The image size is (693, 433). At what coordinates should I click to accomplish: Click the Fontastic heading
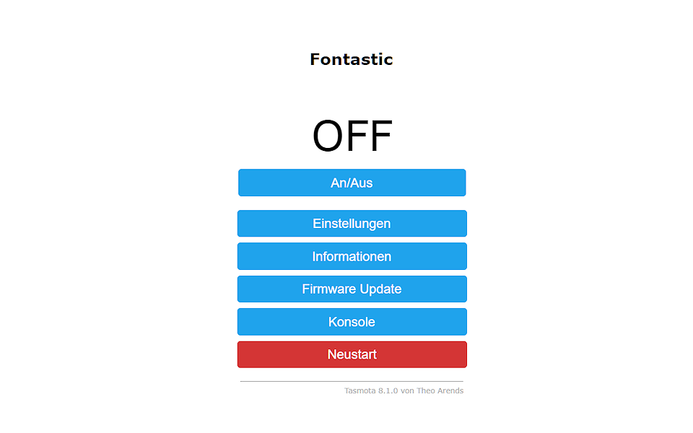coord(352,60)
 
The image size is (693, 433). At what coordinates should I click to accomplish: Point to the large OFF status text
coord(352,136)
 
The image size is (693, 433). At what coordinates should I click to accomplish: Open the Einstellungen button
coord(352,224)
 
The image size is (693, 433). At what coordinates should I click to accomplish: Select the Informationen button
coord(352,256)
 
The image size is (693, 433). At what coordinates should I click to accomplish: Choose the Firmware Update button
coord(352,289)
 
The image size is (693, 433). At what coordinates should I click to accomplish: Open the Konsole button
coord(352,322)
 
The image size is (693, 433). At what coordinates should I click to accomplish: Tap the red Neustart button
coord(352,354)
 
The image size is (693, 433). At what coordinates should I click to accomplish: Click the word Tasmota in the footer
coord(360,390)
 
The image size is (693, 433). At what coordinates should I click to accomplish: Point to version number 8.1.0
coord(388,390)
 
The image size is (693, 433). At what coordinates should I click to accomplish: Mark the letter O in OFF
coord(328,136)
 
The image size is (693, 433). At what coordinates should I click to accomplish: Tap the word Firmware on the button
coord(329,289)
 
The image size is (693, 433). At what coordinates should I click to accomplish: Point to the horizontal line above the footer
coord(352,381)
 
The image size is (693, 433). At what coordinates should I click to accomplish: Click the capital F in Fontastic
coord(315,60)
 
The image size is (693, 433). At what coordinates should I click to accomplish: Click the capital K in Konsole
coord(334,322)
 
